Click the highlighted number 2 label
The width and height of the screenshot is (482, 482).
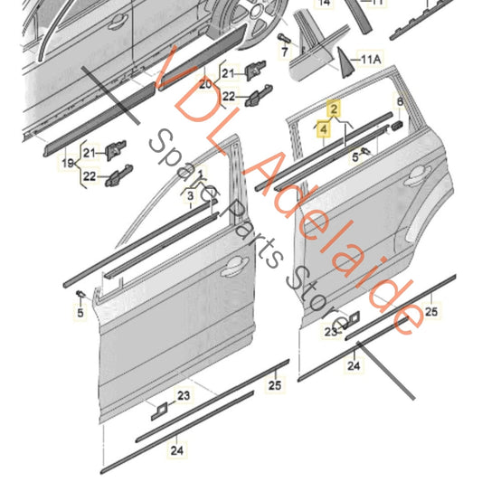tap(334, 109)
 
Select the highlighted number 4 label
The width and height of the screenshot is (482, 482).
tap(325, 130)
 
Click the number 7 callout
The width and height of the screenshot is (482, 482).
tap(284, 53)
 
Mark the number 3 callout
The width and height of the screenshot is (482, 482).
tap(191, 194)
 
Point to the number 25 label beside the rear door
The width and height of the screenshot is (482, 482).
tap(431, 312)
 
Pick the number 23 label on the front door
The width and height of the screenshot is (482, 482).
tap(184, 395)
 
